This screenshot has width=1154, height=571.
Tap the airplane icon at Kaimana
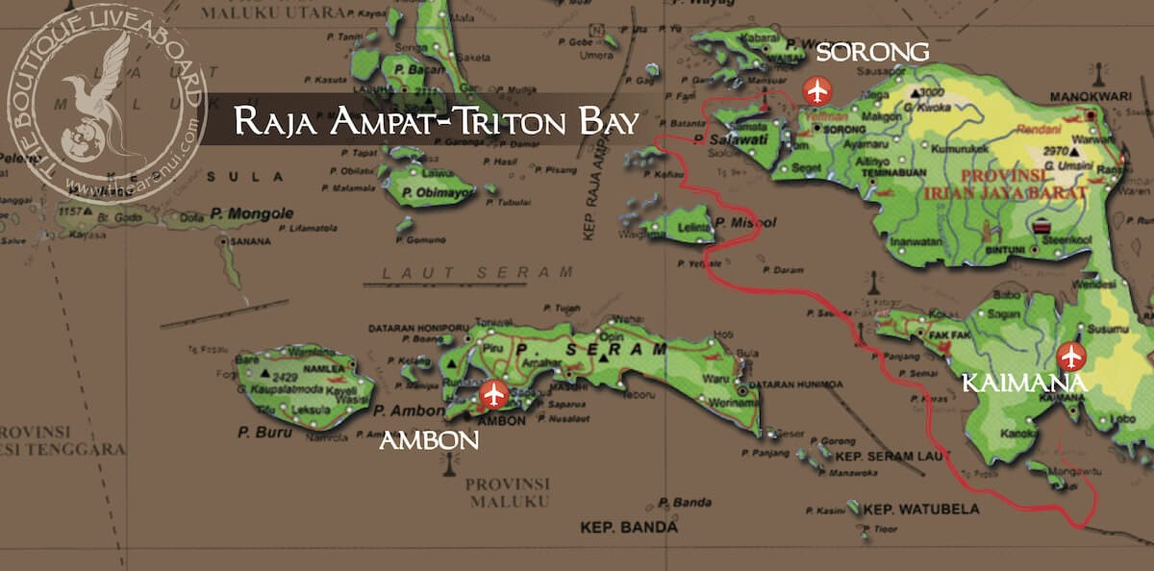[1070, 358]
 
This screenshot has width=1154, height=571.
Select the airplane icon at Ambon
[494, 394]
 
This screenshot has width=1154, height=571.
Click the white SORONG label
[871, 52]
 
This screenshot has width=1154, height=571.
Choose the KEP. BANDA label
[629, 528]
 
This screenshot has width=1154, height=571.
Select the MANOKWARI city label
[1087, 98]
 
